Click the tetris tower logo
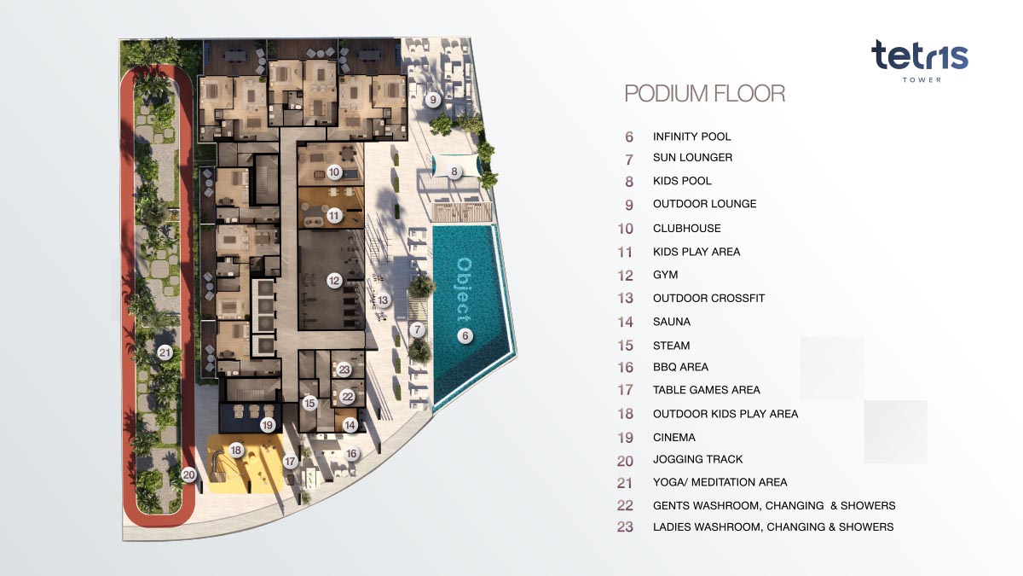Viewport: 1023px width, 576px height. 919,61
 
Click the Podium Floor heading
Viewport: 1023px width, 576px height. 705,93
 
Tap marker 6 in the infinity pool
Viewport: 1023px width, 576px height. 465,336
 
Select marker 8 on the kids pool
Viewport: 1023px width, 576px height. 454,172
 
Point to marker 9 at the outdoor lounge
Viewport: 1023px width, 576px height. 433,100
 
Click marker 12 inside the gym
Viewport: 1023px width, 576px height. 334,281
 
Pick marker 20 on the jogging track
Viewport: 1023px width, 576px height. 188,475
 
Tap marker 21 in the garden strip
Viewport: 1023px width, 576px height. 165,352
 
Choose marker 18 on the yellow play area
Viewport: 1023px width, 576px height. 235,451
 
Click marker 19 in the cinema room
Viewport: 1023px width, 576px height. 267,425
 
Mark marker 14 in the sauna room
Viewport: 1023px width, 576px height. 350,425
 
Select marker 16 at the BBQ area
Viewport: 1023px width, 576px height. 351,453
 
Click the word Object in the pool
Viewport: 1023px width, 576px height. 464,291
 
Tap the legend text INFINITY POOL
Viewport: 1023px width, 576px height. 691,137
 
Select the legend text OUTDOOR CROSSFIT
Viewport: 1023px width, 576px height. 708,298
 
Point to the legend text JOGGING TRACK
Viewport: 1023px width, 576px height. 697,459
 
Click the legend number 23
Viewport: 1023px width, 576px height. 625,527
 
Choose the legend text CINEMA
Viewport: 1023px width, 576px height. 673,437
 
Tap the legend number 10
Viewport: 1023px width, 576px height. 625,229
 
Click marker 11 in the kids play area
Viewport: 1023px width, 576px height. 334,216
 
